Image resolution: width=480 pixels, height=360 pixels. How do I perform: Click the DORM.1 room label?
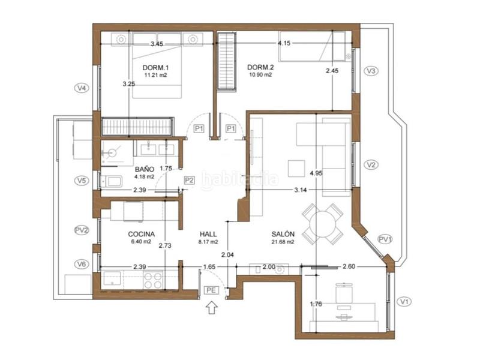point(156,68)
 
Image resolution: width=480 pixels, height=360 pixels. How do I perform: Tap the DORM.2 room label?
point(260,67)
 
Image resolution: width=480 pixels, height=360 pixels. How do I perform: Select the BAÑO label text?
point(145,169)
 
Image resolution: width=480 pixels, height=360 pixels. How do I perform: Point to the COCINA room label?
point(142,234)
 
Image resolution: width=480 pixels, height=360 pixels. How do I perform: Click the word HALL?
point(208,234)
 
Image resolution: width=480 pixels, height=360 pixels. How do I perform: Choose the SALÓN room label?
point(283,234)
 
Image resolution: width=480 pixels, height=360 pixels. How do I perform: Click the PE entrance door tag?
point(211,290)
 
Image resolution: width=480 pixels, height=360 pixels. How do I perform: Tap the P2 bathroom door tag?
point(189,180)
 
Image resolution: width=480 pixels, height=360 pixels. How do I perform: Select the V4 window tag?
point(82,88)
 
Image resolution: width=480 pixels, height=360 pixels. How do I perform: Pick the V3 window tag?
point(371,71)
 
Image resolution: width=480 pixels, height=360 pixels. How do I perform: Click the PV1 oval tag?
point(385,239)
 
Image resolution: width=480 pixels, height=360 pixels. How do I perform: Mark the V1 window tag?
point(404,302)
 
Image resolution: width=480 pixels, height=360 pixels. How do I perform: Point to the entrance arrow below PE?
point(212,307)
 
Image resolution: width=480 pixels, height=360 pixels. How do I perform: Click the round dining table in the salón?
point(322,224)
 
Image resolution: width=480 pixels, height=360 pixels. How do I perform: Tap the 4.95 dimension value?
point(316,173)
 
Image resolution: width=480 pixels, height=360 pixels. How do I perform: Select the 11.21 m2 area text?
point(156,75)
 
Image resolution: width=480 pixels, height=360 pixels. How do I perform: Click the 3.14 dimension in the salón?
point(301,190)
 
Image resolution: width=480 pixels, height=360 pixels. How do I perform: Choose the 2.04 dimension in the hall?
point(227,254)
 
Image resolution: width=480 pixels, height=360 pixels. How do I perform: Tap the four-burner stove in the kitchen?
point(153,280)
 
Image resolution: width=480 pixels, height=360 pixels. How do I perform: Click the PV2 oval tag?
point(82,230)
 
